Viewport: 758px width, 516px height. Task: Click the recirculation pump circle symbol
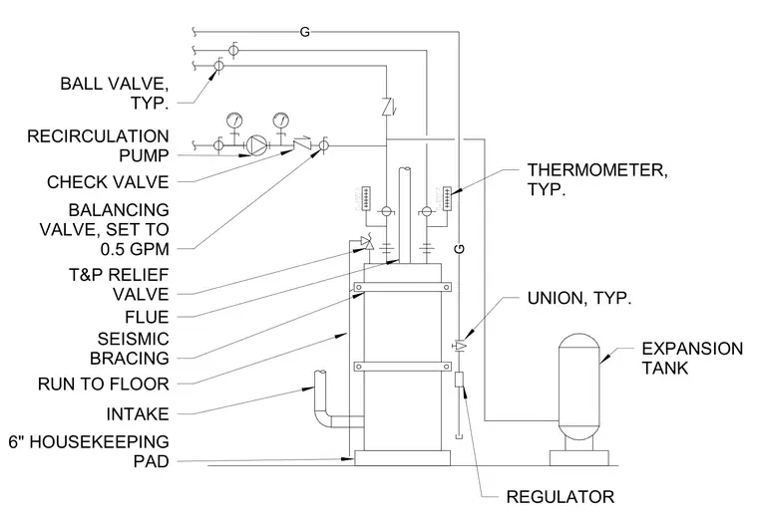(256, 144)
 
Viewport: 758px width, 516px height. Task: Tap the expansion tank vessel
(579, 387)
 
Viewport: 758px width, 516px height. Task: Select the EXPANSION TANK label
(692, 359)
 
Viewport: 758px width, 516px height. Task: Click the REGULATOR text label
(560, 497)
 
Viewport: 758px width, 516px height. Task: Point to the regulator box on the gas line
(459, 380)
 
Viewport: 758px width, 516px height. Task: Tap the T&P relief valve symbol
(367, 243)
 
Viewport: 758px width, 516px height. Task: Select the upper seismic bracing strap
(403, 287)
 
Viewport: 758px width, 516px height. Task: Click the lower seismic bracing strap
(403, 367)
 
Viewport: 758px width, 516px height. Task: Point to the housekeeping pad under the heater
(403, 458)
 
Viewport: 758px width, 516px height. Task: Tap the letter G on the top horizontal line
(304, 32)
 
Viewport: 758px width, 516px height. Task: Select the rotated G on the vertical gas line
(460, 249)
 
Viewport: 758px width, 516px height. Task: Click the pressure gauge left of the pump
(234, 119)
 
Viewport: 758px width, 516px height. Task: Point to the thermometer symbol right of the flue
(447, 198)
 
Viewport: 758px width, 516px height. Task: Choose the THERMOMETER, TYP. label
(597, 179)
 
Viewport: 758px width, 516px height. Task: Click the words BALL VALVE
(114, 84)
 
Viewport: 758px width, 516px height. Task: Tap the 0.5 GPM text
(135, 249)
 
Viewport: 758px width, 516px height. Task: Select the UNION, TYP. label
(579, 298)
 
